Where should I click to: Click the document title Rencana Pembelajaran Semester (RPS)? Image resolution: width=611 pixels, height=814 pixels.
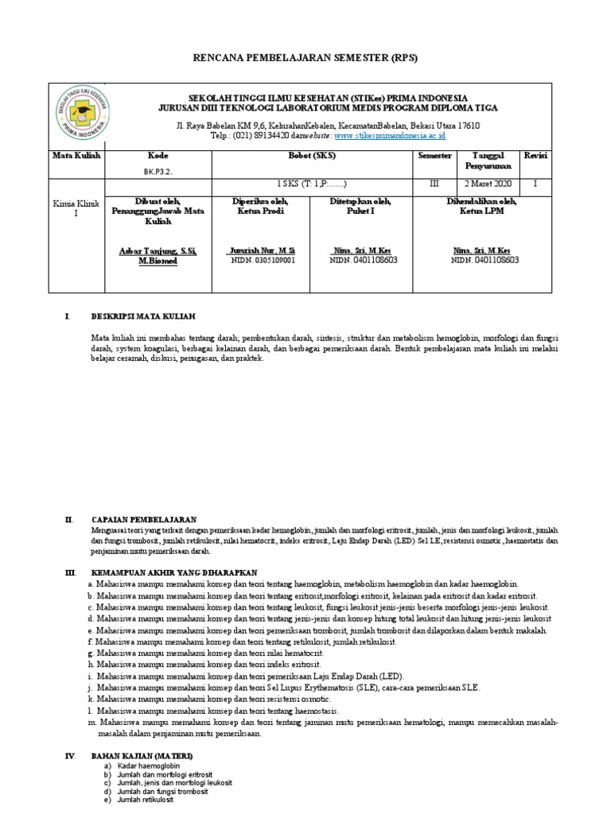coord(305,59)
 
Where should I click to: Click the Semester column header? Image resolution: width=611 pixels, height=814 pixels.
coord(434,156)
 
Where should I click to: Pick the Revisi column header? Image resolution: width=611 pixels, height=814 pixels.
coord(535,156)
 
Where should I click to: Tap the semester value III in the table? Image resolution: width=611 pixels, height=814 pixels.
coord(434,184)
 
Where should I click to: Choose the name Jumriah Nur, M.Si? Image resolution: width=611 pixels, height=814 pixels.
coord(262,251)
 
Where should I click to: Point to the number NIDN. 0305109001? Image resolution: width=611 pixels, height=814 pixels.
coord(262,260)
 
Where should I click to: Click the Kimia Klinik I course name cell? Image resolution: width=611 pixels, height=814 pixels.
coord(77,210)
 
